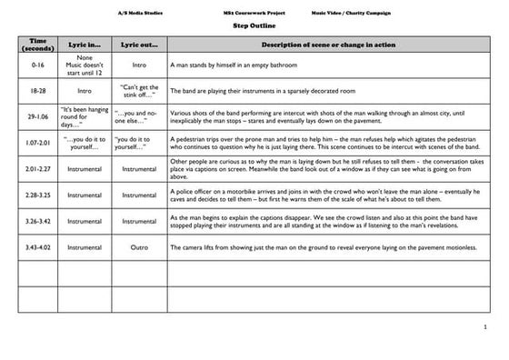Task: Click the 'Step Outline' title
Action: pyautogui.click(x=253, y=25)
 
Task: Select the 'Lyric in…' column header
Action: pyautogui.click(x=86, y=45)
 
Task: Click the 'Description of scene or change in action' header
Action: pyautogui.click(x=326, y=45)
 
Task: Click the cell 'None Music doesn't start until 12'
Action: pyautogui.click(x=86, y=66)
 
